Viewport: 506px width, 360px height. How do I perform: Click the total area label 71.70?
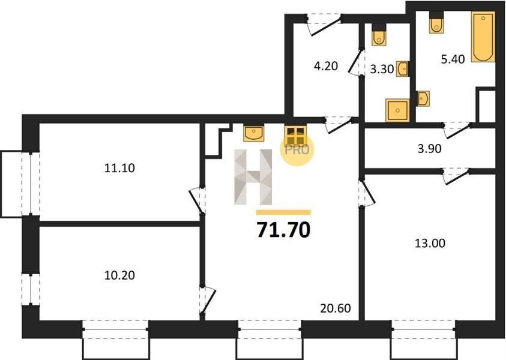(283, 230)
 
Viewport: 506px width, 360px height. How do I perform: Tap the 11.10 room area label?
(119, 168)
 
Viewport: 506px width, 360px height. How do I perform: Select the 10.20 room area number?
(119, 275)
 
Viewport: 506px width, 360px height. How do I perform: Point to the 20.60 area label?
(336, 308)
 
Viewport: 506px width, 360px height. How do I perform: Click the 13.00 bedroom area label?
(430, 243)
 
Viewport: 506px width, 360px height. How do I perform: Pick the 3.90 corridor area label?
(430, 149)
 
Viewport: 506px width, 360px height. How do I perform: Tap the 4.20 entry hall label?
(326, 66)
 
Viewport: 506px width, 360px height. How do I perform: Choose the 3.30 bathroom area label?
(382, 69)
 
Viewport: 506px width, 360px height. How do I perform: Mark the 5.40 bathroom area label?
(453, 59)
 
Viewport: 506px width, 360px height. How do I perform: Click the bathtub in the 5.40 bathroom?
(483, 37)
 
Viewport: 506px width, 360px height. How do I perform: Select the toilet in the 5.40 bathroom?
(436, 22)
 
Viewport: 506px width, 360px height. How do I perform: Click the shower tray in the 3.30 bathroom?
(397, 110)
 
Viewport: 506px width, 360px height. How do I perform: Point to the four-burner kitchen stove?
(295, 135)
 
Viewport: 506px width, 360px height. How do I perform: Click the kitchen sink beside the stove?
(254, 133)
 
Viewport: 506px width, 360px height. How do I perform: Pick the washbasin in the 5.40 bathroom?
(423, 98)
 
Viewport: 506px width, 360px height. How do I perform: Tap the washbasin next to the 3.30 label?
(403, 69)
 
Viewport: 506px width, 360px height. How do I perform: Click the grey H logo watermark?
(253, 177)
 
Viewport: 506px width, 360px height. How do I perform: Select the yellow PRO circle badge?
(297, 149)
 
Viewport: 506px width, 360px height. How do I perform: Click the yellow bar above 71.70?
(283, 212)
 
